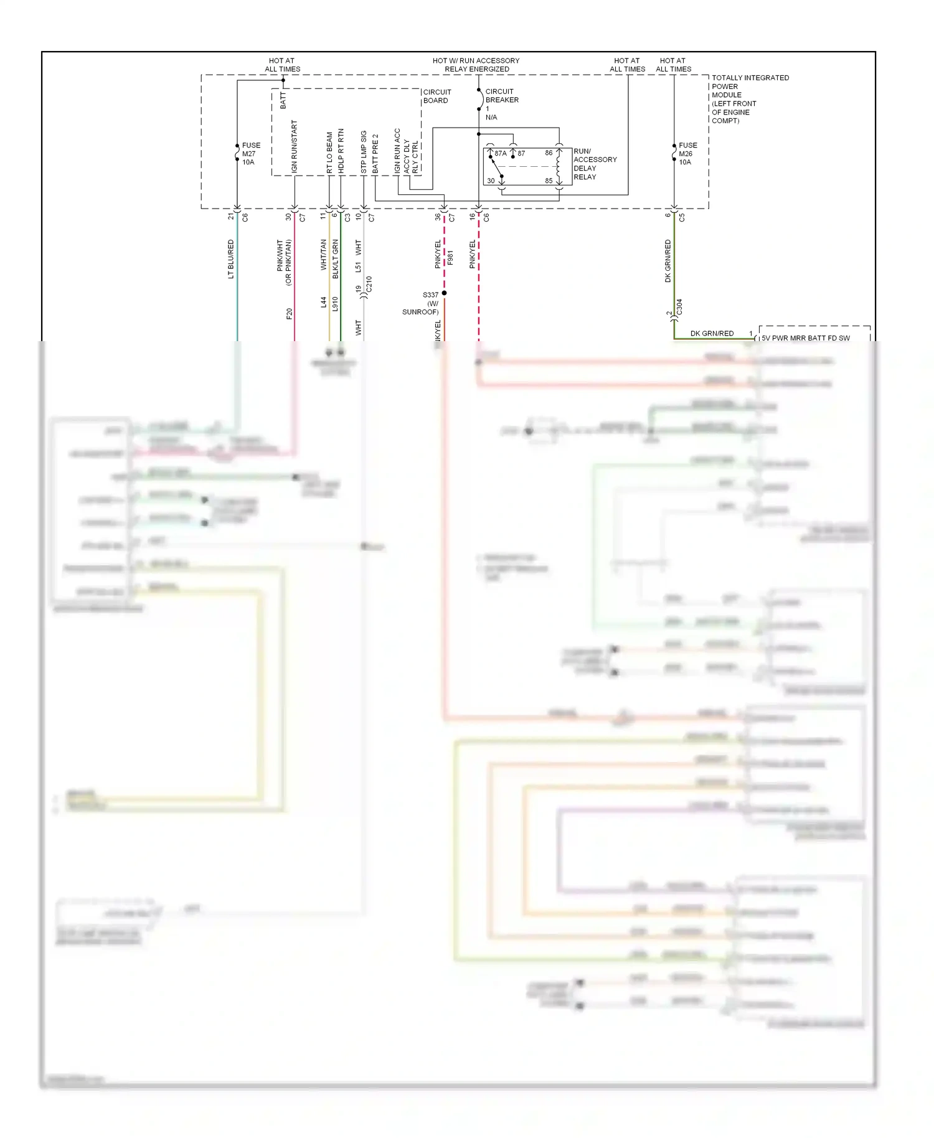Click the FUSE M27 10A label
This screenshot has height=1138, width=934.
[250, 154]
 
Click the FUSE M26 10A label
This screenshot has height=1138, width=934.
[687, 154]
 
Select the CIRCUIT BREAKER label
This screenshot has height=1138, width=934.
[502, 95]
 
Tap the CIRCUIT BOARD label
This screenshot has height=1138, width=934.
[437, 96]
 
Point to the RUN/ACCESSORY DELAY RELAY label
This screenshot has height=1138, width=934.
[595, 164]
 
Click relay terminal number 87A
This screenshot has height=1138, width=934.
[501, 153]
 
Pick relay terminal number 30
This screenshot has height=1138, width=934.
[491, 181]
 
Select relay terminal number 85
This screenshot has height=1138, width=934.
[549, 181]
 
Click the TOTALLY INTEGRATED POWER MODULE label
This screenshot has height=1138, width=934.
[750, 99]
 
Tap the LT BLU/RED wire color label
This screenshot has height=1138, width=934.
[231, 259]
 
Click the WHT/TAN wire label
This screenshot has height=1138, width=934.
[324, 255]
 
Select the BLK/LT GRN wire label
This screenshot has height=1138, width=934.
[336, 258]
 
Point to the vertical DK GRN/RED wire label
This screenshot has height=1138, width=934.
[668, 261]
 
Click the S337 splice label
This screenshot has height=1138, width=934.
[430, 294]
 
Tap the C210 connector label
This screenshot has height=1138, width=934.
[369, 284]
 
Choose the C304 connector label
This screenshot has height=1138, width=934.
[679, 307]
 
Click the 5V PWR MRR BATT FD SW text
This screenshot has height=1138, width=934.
[805, 338]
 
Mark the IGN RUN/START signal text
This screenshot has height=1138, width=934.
[295, 147]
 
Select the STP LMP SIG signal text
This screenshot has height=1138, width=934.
[364, 151]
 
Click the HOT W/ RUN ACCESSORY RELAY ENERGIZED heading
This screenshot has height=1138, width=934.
[476, 65]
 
